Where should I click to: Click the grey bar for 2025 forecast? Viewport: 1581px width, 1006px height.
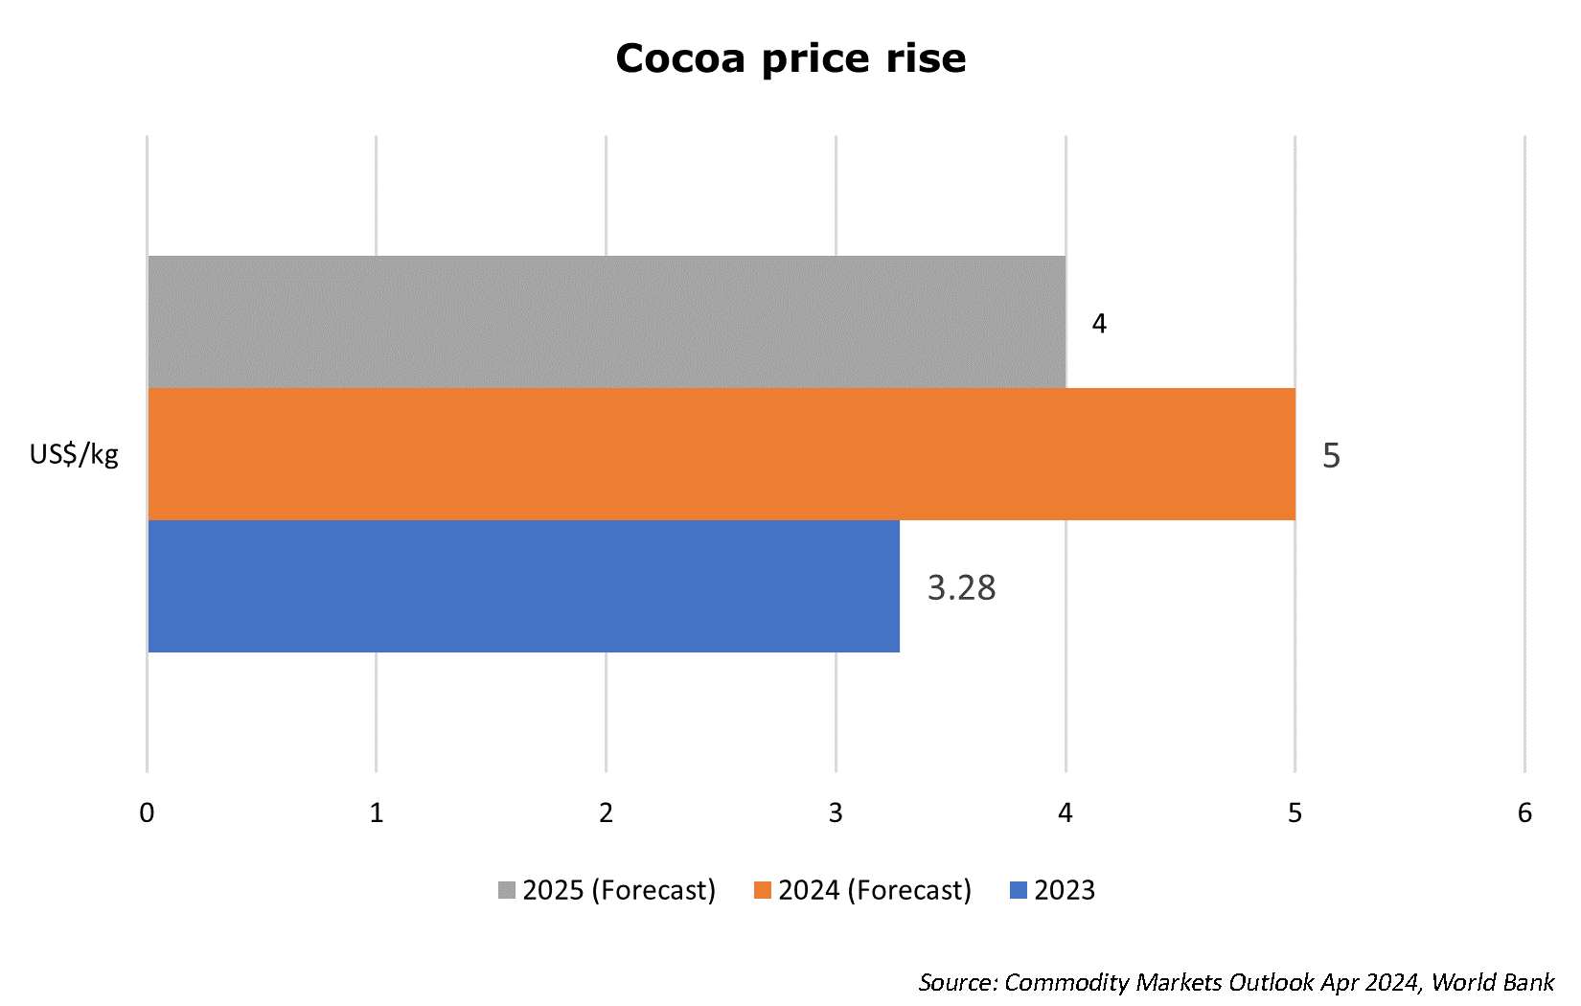pyautogui.click(x=607, y=322)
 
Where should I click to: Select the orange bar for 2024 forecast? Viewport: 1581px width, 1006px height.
pyautogui.click(x=721, y=454)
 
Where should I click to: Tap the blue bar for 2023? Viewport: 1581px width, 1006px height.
pyautogui.click(x=523, y=586)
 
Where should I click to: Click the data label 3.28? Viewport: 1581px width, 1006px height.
pyautogui.click(x=961, y=587)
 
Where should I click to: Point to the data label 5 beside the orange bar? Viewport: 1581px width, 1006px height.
pyautogui.click(x=1331, y=455)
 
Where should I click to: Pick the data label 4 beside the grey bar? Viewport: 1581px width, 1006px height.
pyautogui.click(x=1099, y=324)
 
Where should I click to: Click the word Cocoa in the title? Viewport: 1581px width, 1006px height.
pyautogui.click(x=680, y=58)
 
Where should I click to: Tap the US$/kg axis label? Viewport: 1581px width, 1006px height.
pyautogui.click(x=74, y=454)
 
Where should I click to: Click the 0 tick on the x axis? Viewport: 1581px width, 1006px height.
pyautogui.click(x=147, y=813)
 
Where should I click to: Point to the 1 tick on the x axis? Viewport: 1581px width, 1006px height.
pyautogui.click(x=377, y=813)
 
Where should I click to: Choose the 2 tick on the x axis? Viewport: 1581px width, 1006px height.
pyautogui.click(x=606, y=813)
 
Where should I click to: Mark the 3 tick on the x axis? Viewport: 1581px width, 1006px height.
pyautogui.click(x=836, y=813)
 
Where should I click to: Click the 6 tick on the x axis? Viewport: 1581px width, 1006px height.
pyautogui.click(x=1524, y=813)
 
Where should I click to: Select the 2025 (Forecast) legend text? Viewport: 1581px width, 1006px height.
pyautogui.click(x=619, y=890)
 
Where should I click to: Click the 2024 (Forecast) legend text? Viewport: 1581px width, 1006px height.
pyautogui.click(x=875, y=890)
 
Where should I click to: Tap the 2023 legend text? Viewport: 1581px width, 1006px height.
pyautogui.click(x=1065, y=890)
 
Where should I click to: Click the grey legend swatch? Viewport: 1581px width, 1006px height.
pyautogui.click(x=507, y=890)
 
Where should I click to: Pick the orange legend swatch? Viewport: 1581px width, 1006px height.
pyautogui.click(x=763, y=890)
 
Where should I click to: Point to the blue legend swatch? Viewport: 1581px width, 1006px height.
pyautogui.click(x=1019, y=890)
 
